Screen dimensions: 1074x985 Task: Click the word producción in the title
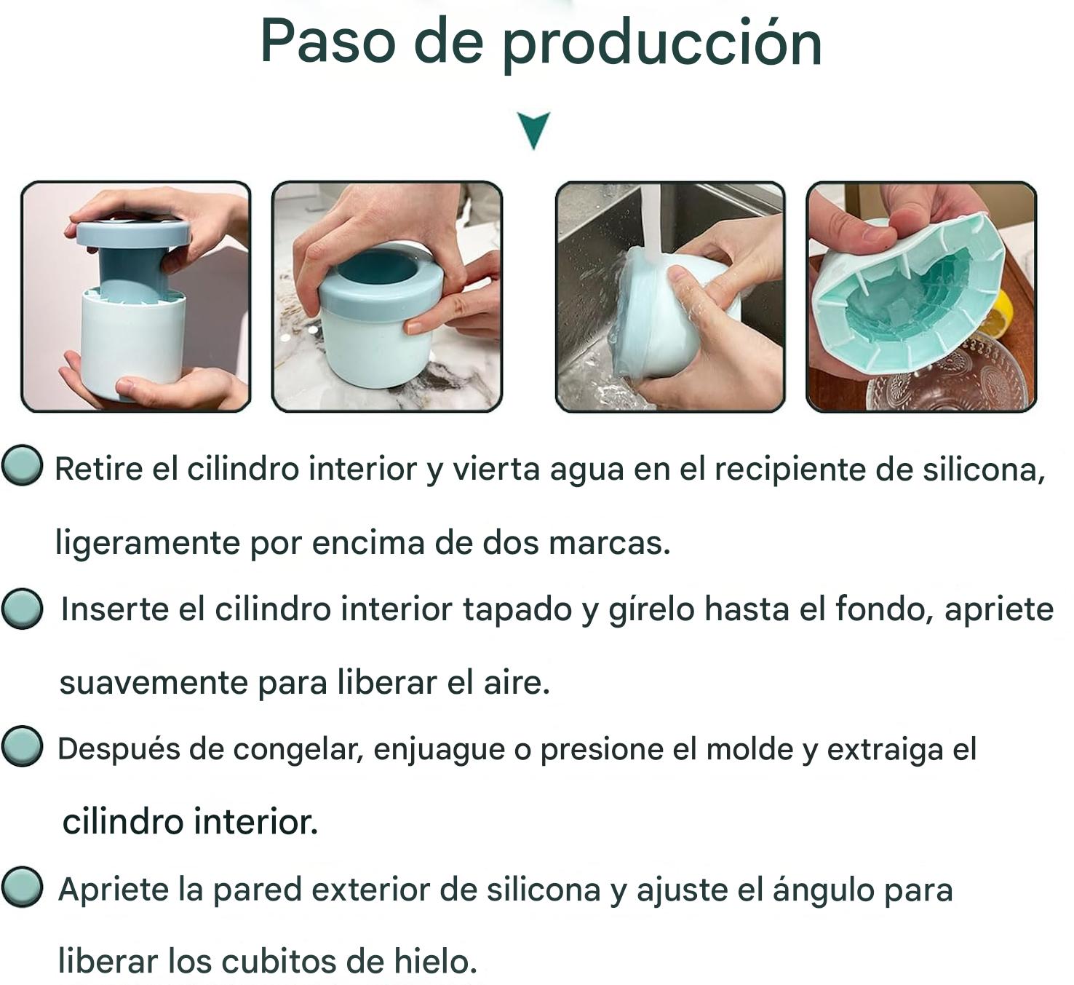[661, 46]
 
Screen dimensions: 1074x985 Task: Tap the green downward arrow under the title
[534, 130]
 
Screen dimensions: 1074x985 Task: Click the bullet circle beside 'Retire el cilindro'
[22, 465]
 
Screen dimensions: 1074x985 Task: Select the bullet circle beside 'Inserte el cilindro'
[22, 609]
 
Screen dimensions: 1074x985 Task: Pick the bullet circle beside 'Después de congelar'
[22, 746]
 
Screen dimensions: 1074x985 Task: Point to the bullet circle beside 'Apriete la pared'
[22, 887]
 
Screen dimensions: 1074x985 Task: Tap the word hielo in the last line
[435, 961]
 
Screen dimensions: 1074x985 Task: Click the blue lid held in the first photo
[133, 233]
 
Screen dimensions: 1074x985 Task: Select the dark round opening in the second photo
[380, 266]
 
